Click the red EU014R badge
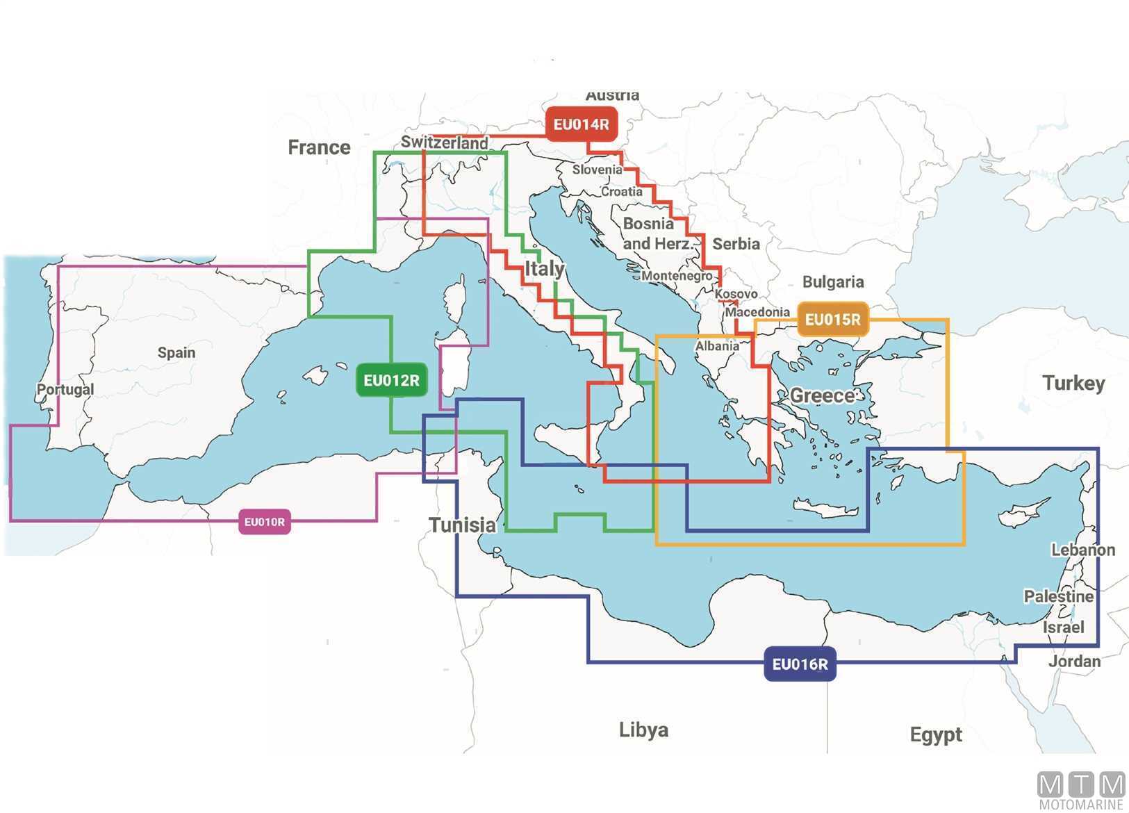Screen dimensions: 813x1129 pos(581,124)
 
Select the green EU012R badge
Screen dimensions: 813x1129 pos(391,380)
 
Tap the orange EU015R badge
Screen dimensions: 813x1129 pos(832,320)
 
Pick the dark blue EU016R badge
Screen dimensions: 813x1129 pos(800,664)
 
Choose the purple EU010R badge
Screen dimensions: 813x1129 pos(264,522)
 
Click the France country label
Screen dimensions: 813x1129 pos(319,147)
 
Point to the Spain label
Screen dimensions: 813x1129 pos(176,352)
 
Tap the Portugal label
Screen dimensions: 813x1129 pos(65,389)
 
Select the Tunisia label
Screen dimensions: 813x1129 pos(462,525)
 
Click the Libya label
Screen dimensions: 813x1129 pos(643,730)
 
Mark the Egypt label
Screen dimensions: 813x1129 pos(936,734)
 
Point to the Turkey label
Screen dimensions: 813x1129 pos(1073,383)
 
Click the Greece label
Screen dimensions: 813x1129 pos(823,395)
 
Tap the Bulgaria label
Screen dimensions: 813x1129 pos(833,281)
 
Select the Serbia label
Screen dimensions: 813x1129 pos(736,244)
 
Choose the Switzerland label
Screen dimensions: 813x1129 pos(444,142)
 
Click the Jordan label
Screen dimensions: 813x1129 pos(1074,661)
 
